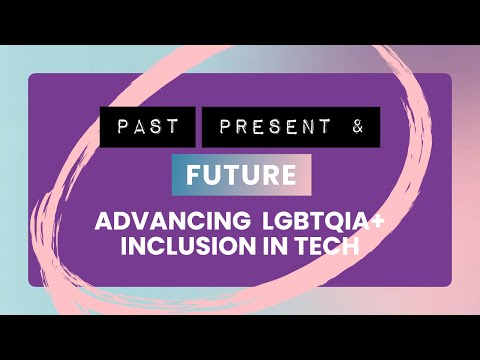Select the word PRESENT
[271, 129]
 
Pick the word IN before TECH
[270, 244]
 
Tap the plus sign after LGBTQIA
[376, 221]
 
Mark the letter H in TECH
[350, 244]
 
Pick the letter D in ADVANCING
[116, 221]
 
